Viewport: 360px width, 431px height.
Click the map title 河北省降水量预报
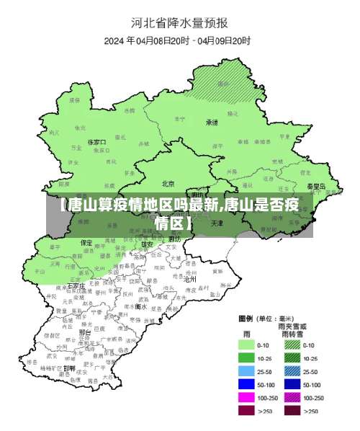[179, 22]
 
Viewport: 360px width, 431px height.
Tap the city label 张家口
[96, 142]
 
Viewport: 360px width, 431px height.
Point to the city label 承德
[212, 123]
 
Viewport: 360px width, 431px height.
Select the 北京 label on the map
[168, 183]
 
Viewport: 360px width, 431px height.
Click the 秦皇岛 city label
[315, 186]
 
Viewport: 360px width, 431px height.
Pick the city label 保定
[86, 243]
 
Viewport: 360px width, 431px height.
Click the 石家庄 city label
[76, 286]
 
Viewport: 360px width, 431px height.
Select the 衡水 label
[141, 306]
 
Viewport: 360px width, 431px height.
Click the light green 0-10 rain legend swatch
[248, 345]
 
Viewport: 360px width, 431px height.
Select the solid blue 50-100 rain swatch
[248, 384]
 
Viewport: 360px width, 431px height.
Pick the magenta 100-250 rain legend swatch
[248, 397]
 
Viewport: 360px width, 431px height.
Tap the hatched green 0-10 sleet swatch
[292, 345]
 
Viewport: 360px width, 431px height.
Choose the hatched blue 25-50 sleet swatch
[292, 371]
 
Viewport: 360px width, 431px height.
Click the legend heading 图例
[246, 318]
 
